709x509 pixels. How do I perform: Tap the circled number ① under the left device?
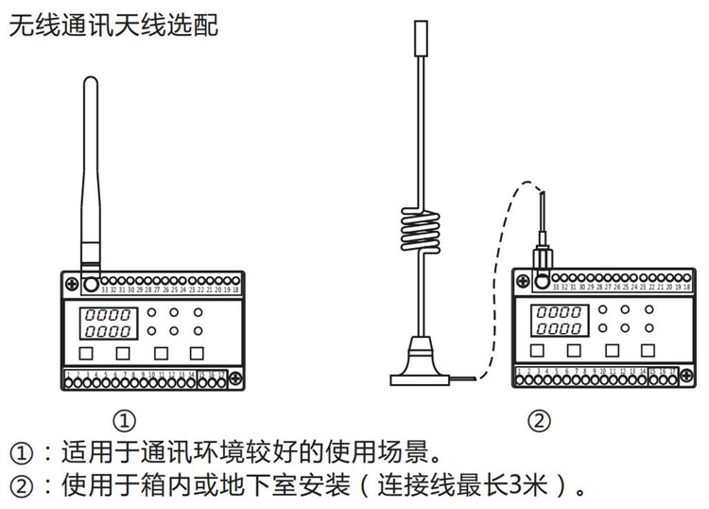click(x=125, y=418)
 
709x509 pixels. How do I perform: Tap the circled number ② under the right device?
click(x=539, y=419)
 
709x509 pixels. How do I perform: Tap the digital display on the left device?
click(x=105, y=324)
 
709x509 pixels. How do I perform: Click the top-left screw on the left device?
click(x=72, y=282)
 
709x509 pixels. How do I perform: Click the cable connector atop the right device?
click(x=545, y=256)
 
